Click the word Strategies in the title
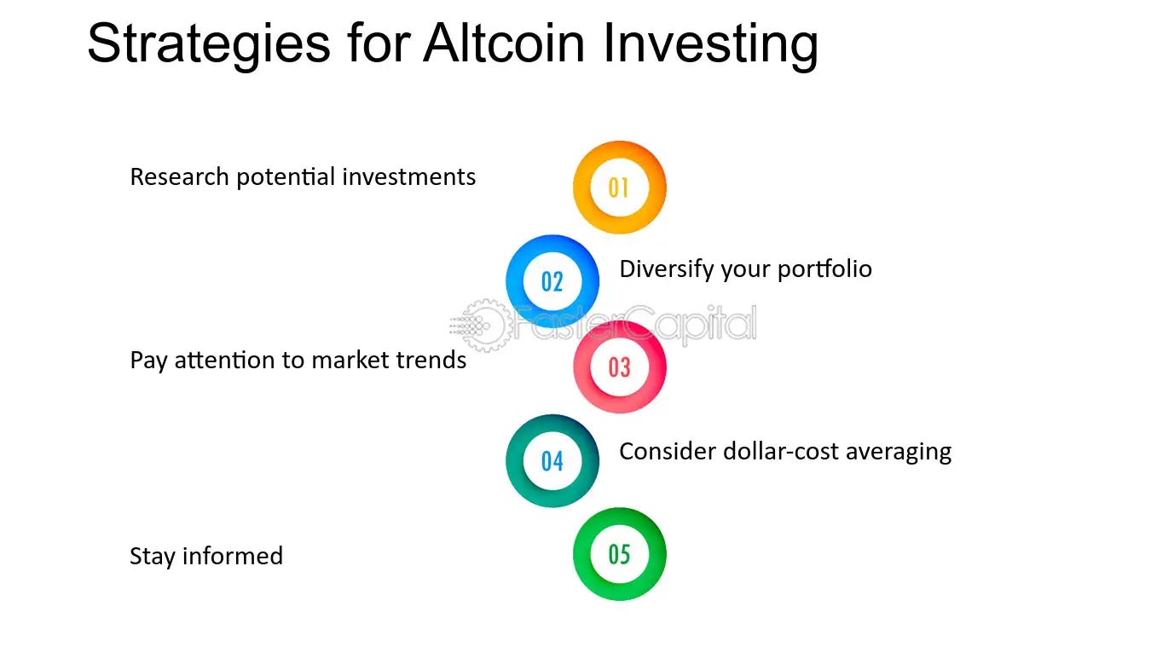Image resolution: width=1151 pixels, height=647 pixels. click(x=209, y=44)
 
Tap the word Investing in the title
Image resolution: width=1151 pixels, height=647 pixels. click(x=710, y=44)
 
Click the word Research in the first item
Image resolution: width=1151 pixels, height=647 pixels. click(x=179, y=176)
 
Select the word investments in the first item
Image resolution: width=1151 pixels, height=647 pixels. click(x=409, y=176)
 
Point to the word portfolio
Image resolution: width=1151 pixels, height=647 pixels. click(x=824, y=269)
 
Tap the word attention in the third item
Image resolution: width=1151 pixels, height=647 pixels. click(x=224, y=361)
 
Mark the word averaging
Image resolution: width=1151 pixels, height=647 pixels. click(x=899, y=453)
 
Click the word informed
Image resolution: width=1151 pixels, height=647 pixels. click(x=233, y=556)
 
